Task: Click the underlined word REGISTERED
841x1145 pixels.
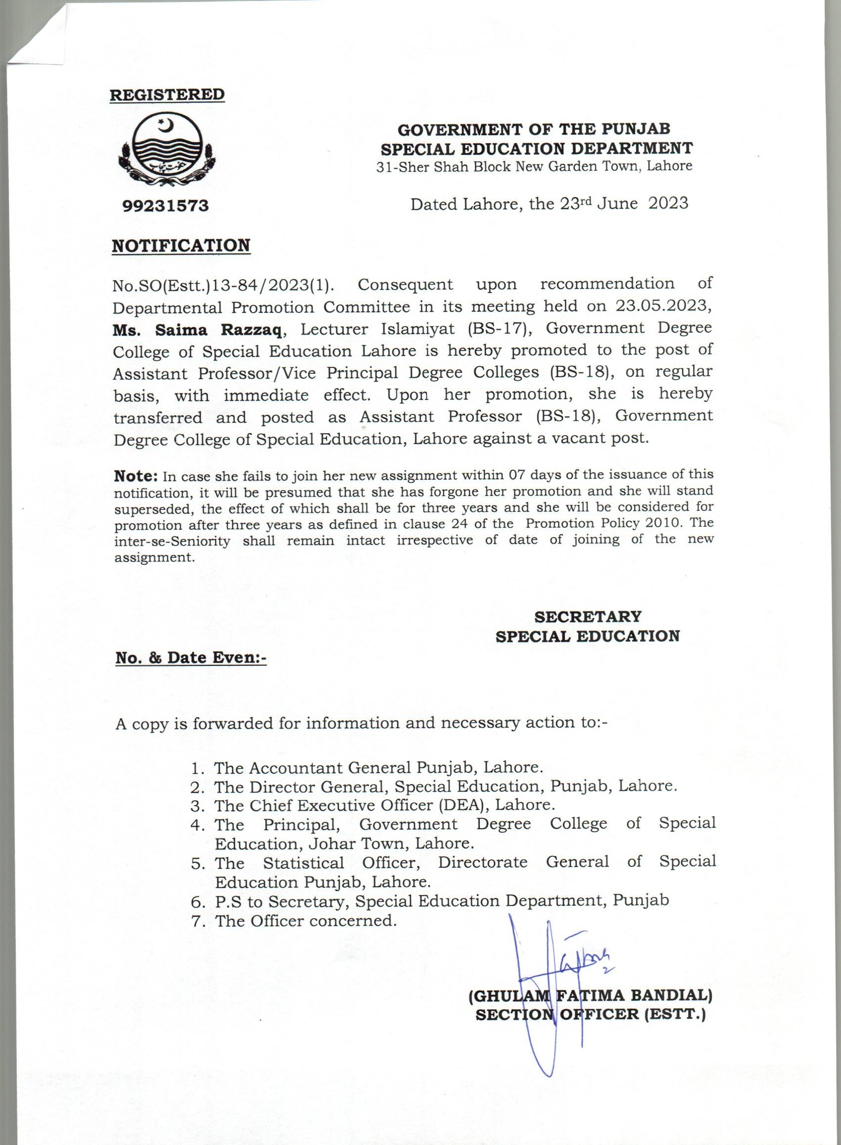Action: (x=167, y=95)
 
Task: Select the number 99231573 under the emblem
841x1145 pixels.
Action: (x=165, y=206)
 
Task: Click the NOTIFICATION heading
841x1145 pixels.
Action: (x=181, y=246)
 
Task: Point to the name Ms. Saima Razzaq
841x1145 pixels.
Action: (x=197, y=331)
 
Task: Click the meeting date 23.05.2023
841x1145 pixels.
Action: (x=661, y=305)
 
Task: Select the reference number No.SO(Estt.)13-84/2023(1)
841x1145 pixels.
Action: (x=223, y=285)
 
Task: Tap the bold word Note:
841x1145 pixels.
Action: (x=136, y=476)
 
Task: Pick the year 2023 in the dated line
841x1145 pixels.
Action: (x=668, y=203)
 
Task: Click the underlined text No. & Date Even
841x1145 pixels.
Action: (x=190, y=657)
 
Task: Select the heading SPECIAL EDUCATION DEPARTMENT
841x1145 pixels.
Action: (x=537, y=149)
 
